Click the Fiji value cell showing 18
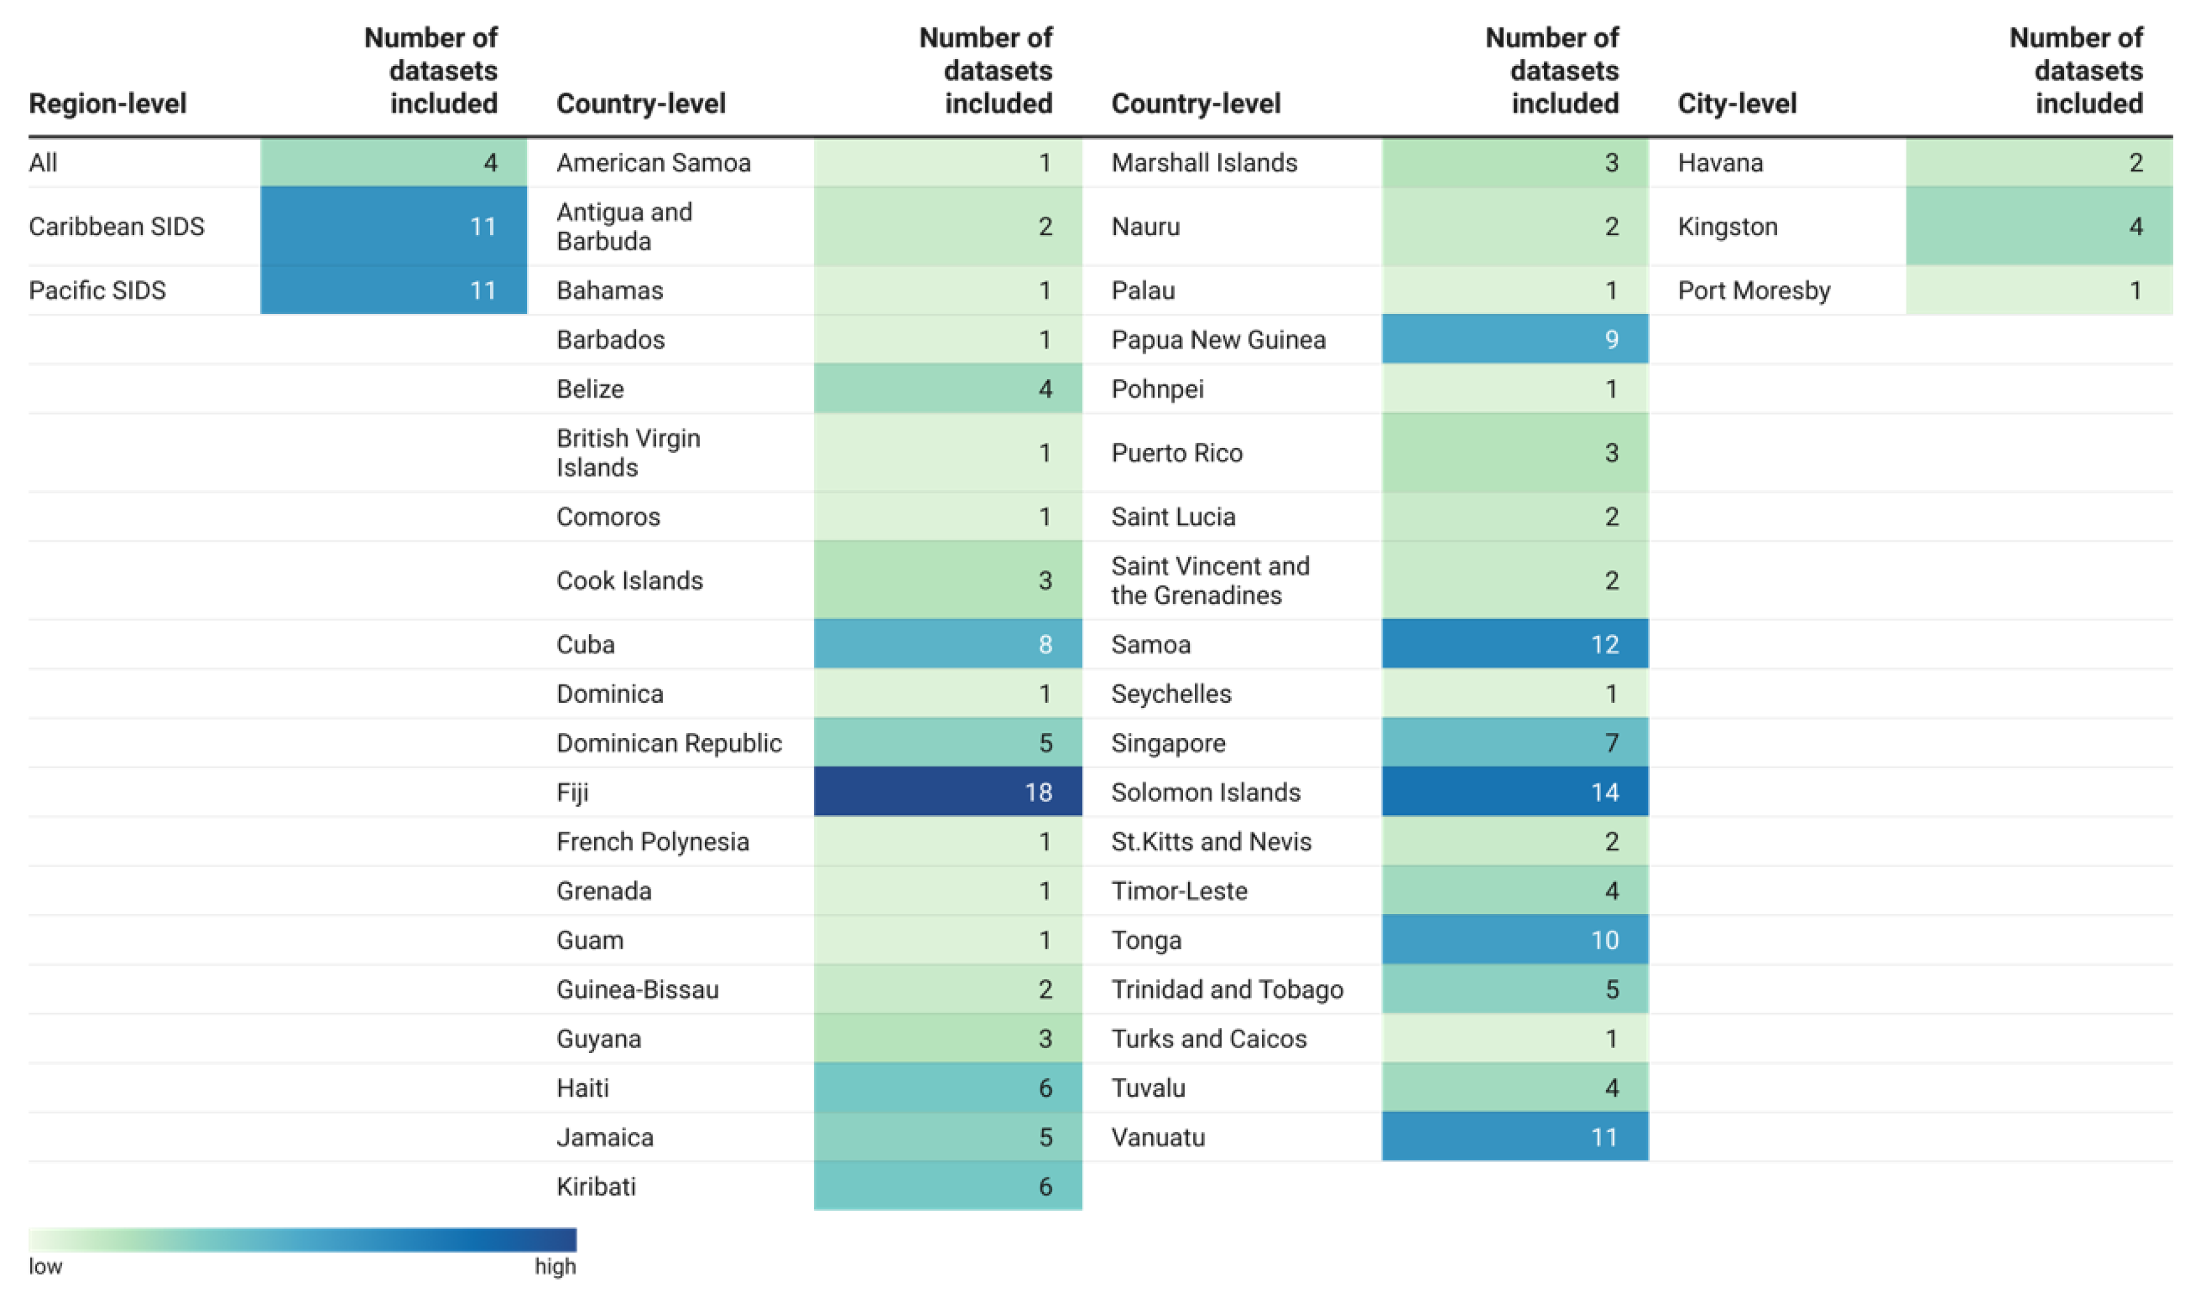pos(947,792)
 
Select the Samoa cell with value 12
pos(1514,644)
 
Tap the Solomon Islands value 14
pos(1514,792)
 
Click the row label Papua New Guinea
pos(1218,340)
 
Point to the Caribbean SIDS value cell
pos(394,227)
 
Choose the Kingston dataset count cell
pos(2039,227)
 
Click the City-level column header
pos(1737,103)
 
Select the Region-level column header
pos(108,103)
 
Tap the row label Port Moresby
pos(1754,291)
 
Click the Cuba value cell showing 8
pos(947,644)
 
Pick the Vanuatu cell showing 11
pos(1514,1137)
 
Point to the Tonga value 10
pos(1514,940)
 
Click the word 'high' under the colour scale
pos(555,1266)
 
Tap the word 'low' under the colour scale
pos(46,1266)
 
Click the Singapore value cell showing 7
pos(1514,743)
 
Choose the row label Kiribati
pos(596,1187)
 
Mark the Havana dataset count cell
pos(2039,162)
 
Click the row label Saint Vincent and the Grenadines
pos(1210,580)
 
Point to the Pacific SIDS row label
pos(97,291)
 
